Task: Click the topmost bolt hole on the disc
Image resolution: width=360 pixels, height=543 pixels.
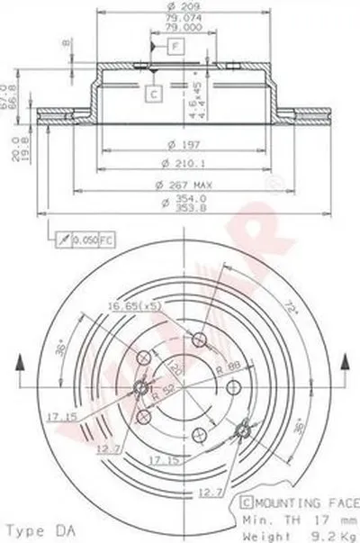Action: pos(201,339)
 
